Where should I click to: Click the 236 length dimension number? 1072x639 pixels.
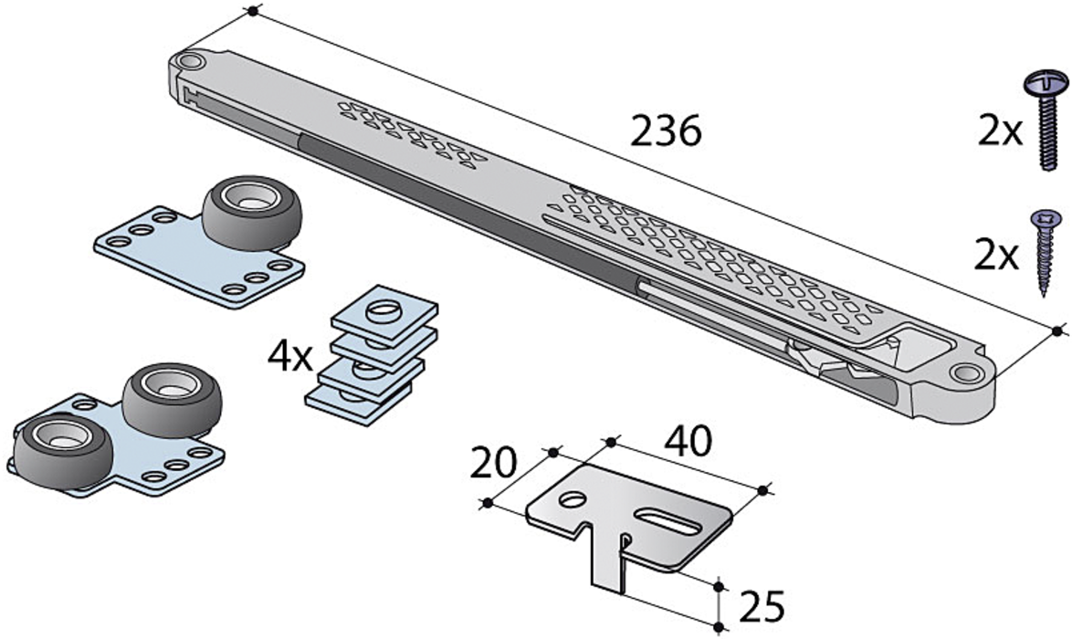coord(666,133)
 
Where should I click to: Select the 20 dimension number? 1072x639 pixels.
coord(494,464)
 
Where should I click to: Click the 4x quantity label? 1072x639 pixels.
coord(289,356)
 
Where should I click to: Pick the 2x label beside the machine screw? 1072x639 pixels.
coord(1000,132)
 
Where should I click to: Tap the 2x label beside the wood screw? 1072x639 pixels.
coord(996,256)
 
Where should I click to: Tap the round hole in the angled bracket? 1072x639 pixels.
coord(572,500)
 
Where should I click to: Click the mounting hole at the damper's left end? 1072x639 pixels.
coord(191,62)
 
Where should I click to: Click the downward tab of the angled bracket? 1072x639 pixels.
coord(609,566)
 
